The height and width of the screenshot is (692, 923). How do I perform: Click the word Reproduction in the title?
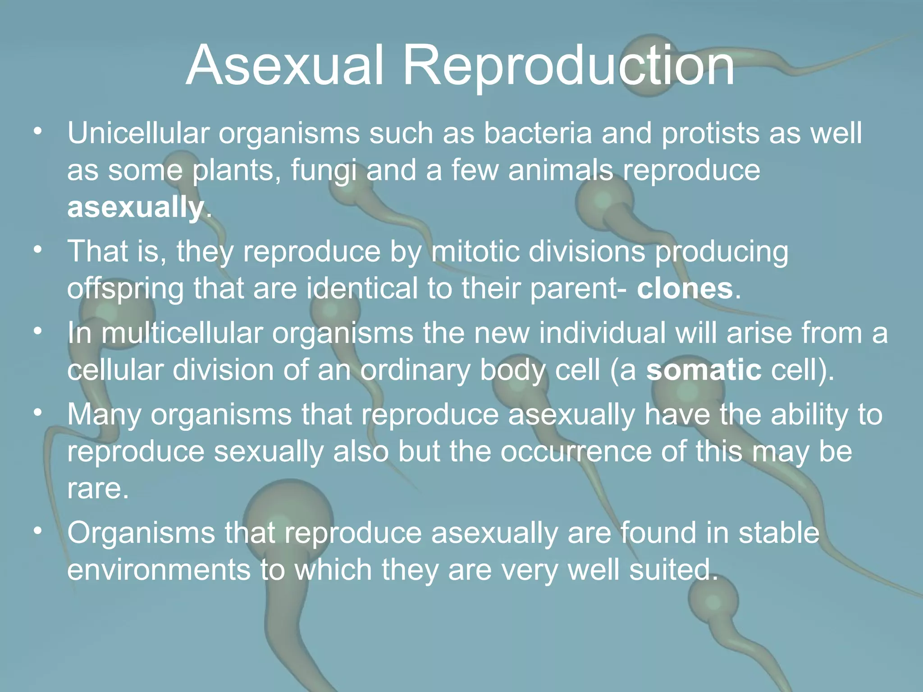click(x=569, y=67)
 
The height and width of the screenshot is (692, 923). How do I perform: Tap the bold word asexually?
click(x=135, y=208)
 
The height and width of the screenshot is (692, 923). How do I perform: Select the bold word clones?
click(x=685, y=289)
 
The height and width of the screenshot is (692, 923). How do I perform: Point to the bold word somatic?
click(x=704, y=370)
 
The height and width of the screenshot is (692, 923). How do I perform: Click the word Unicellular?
click(x=138, y=133)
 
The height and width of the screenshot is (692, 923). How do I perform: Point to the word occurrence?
click(x=576, y=451)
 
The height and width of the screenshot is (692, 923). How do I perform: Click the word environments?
click(x=159, y=569)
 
